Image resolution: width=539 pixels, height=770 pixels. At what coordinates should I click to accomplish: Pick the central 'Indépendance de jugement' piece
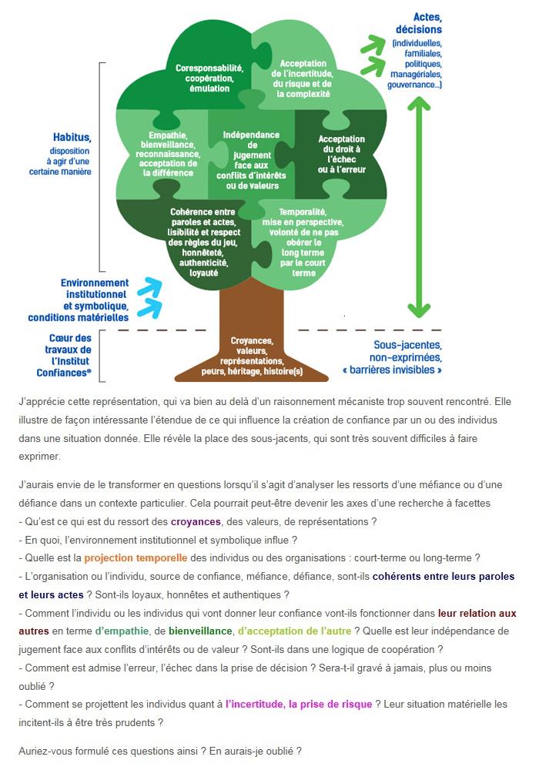pos(251,160)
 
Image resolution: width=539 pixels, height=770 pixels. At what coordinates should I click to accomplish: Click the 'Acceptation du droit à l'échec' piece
pos(342,154)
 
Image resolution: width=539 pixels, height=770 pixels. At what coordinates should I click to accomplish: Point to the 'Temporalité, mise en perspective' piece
pos(303,242)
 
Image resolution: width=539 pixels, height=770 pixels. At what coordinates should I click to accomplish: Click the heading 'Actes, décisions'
pos(422,24)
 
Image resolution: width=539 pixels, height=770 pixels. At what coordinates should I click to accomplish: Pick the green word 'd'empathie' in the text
pos(122,631)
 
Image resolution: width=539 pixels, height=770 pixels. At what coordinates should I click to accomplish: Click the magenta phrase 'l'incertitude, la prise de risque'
pos(299,705)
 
